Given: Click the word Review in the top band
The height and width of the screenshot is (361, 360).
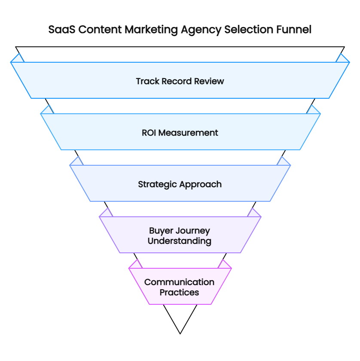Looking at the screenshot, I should tap(210, 81).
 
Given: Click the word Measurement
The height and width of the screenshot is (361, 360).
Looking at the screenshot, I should tap(188, 133).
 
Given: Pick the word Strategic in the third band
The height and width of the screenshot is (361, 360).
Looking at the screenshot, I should tap(157, 184).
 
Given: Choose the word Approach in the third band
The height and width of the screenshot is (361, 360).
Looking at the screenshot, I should tap(200, 184).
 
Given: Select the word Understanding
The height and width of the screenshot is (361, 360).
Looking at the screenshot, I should tap(180, 241).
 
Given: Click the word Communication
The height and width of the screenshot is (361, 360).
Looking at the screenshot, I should tap(180, 282).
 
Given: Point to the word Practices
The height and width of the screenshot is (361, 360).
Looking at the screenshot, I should tap(180, 292).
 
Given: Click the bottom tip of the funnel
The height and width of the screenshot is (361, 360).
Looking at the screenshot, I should tap(180, 333).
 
